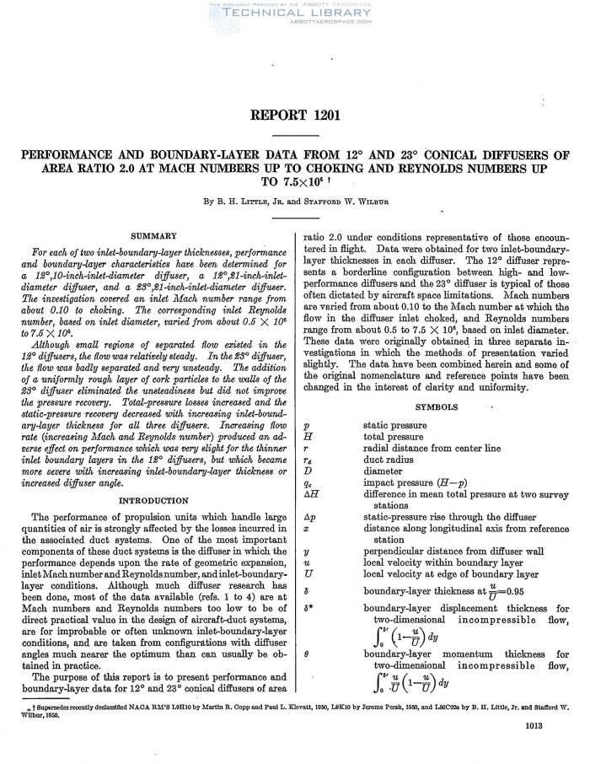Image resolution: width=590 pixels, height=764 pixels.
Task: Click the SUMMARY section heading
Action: click(x=153, y=235)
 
